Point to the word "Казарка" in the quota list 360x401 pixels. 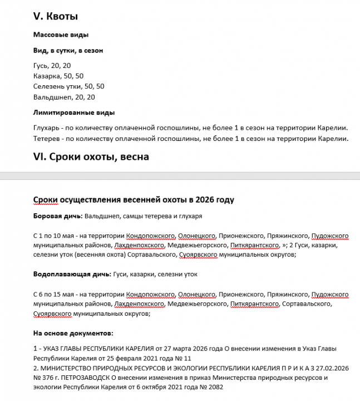[x=47, y=76]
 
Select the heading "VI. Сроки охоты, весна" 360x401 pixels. [x=91, y=157]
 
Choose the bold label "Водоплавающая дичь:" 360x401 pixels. [x=72, y=275]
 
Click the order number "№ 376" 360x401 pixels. [x=45, y=378]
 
